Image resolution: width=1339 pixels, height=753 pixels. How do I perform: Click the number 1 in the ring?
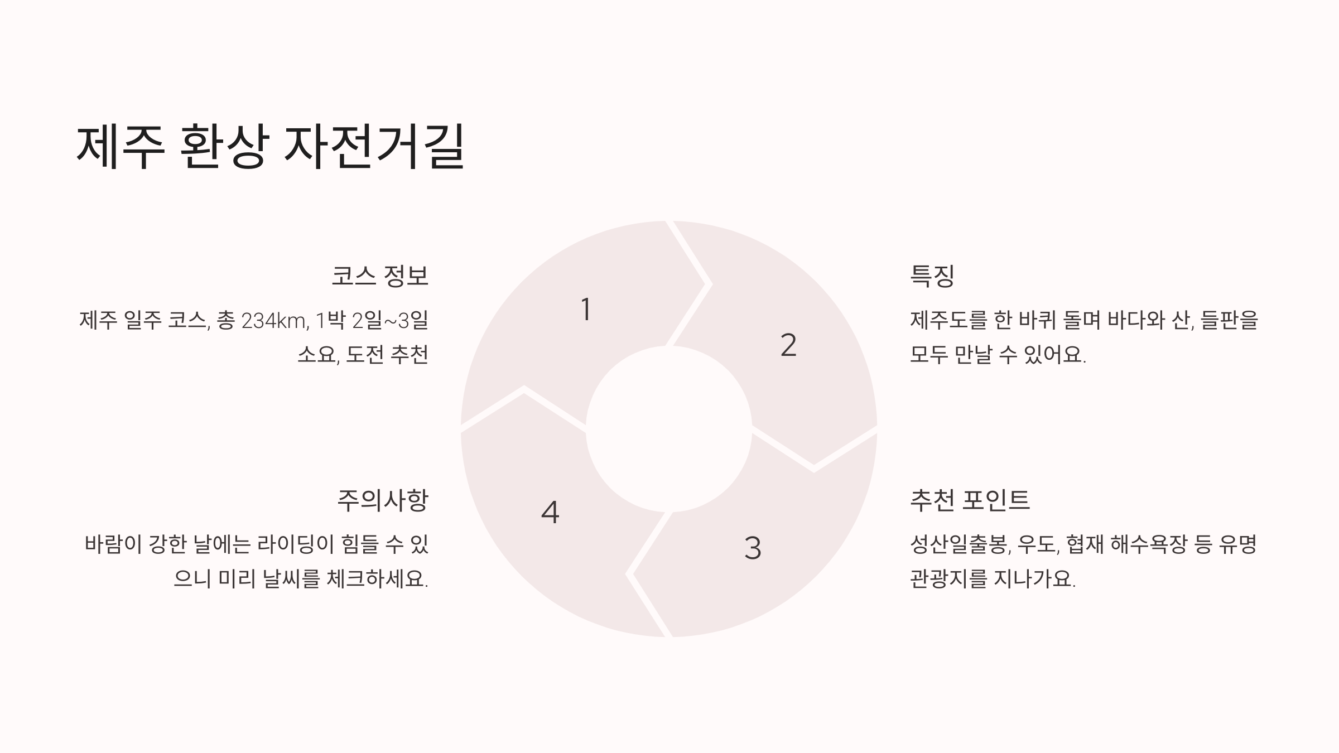tap(586, 310)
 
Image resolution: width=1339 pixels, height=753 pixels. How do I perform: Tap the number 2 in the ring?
tap(788, 345)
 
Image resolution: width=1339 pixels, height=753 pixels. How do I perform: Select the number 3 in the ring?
tap(753, 548)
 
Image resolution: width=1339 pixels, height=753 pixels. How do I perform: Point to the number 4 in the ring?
tap(550, 512)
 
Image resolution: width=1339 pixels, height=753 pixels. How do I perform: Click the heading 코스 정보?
tap(380, 276)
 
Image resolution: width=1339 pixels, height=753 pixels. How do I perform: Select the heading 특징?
tap(932, 276)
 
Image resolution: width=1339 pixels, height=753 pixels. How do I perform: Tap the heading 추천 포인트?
tap(970, 500)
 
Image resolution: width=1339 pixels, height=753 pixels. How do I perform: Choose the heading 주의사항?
tap(383, 500)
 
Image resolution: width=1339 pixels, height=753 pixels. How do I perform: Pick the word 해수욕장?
tap(1148, 544)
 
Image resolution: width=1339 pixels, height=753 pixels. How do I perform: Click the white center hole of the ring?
tap(669, 428)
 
